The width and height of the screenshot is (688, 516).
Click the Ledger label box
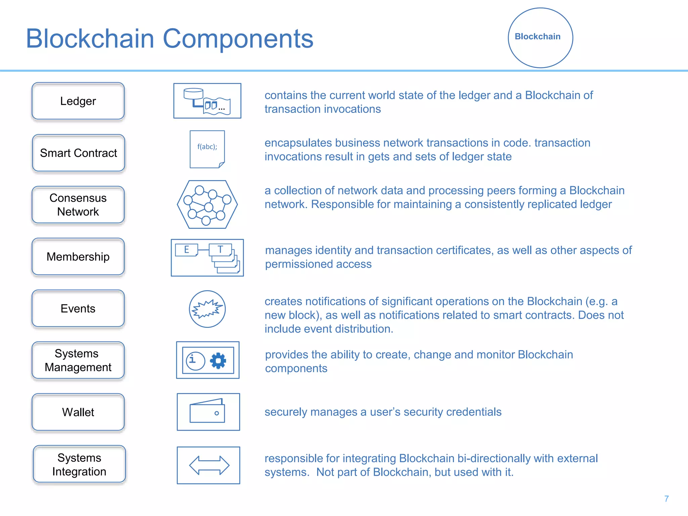(78, 101)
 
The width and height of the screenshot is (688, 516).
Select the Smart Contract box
(78, 153)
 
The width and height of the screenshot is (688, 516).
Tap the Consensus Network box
(78, 205)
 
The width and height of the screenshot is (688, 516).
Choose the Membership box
(78, 257)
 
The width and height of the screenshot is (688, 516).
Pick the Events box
(78, 309)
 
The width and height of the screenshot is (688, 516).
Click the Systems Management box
(78, 360)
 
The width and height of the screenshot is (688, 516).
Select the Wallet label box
(78, 412)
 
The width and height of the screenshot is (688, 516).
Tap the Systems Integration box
(79, 465)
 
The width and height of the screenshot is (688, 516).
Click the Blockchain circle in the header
(540, 38)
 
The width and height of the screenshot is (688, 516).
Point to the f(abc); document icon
(207, 149)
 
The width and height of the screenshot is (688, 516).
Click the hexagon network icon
(207, 205)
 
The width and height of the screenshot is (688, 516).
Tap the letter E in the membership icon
(186, 250)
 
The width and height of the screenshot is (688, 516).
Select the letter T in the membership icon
(220, 250)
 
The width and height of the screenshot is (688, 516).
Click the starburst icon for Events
(207, 309)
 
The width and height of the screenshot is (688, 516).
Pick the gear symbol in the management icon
(218, 361)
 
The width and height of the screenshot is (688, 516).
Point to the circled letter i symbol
(195, 361)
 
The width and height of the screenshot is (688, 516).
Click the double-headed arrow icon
(209, 465)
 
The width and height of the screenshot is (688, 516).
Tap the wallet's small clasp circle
(217, 413)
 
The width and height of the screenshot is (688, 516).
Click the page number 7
(666, 499)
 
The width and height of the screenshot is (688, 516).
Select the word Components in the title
(238, 39)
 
